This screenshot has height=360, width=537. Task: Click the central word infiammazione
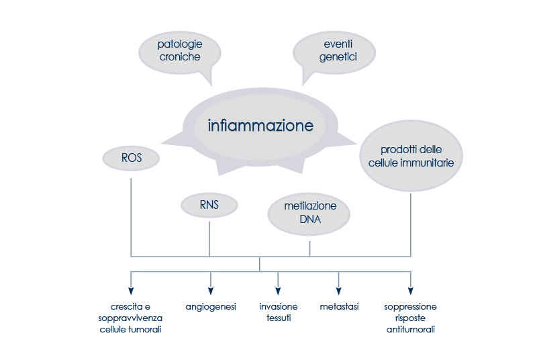[260, 126]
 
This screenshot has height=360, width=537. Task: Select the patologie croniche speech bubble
[179, 52]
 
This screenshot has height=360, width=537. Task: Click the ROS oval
[131, 159]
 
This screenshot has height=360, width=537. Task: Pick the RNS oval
[209, 205]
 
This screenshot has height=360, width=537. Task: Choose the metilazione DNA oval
[309, 212]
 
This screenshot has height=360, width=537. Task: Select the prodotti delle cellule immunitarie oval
[411, 156]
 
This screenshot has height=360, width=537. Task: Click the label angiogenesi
[211, 307]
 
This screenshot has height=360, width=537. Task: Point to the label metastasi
[339, 307]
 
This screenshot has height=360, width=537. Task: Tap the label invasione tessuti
[278, 312]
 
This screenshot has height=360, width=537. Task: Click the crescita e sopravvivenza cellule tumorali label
[131, 318]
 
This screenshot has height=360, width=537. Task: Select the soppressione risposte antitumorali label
[410, 318]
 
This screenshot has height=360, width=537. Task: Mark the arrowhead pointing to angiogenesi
[211, 291]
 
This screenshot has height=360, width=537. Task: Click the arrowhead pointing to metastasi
[338, 291]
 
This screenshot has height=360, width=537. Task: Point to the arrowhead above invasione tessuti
[278, 291]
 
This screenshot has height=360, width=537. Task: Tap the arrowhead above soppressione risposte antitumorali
[410, 291]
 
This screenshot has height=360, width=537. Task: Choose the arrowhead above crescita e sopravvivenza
[131, 291]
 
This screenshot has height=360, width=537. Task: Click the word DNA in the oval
[309, 218]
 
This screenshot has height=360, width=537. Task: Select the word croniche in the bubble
[180, 58]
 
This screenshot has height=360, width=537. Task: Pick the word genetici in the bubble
[337, 58]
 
